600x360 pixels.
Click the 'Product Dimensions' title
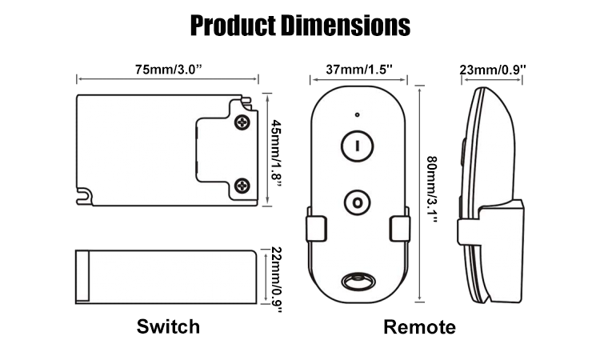point(300,25)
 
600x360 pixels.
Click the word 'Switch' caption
point(167,326)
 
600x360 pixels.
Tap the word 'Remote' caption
point(419,326)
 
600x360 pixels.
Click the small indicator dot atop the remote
point(358,114)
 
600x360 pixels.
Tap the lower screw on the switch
point(242,186)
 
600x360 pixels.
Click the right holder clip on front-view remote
point(399,229)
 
